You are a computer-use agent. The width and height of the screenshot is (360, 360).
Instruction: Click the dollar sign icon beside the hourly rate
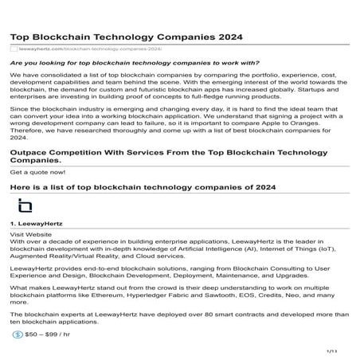click(x=18, y=335)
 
